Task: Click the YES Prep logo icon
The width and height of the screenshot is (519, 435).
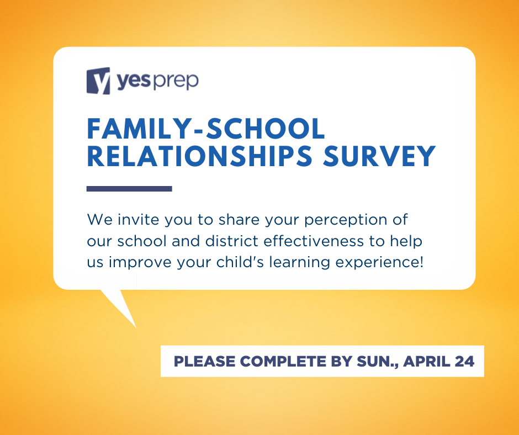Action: pos(99,81)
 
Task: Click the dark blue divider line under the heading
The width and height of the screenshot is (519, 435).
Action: pos(129,189)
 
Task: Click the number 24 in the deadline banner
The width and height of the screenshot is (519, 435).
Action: pos(465,362)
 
